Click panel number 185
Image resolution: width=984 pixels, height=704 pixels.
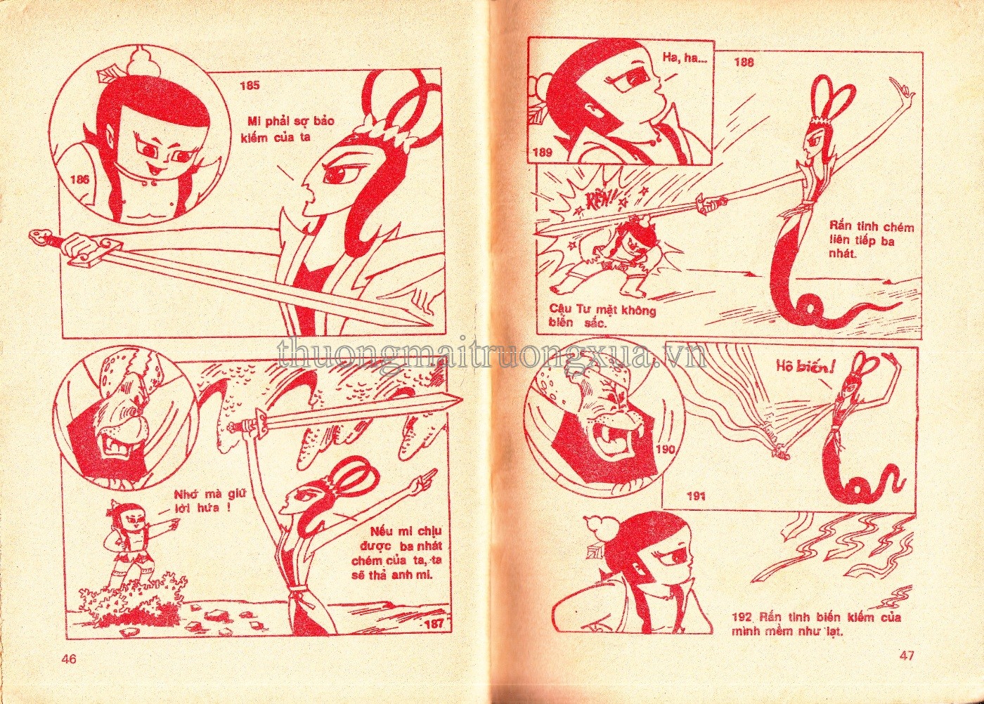(250, 85)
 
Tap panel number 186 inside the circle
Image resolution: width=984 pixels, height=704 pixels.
(79, 179)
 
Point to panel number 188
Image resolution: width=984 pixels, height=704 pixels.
(744, 62)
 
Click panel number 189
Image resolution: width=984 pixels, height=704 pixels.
(543, 153)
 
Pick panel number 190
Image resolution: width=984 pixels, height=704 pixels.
(666, 449)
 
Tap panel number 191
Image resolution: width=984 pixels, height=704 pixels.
(697, 497)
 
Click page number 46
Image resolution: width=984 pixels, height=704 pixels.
(70, 659)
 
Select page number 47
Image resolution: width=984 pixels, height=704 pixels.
(906, 656)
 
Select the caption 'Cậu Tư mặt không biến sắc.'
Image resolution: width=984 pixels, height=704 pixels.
(602, 317)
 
